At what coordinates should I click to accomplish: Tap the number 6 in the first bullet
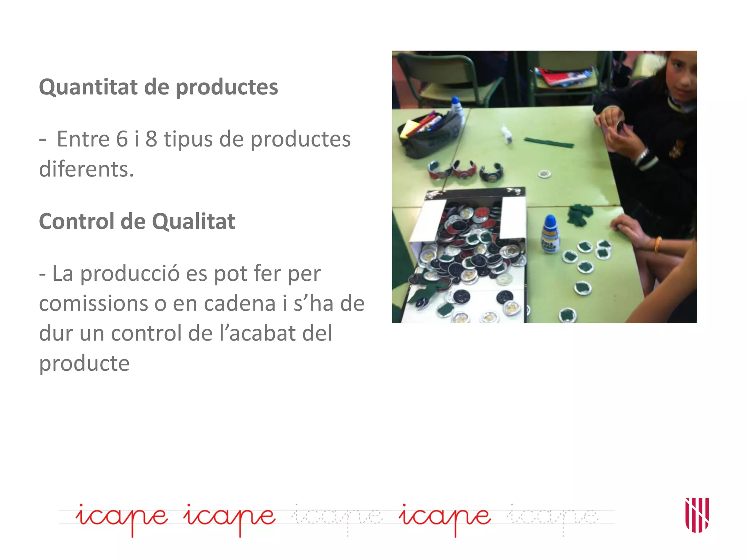pyautogui.click(x=123, y=139)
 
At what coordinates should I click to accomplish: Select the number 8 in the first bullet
pyautogui.click(x=151, y=139)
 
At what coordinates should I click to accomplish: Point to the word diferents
pyautogui.click(x=86, y=169)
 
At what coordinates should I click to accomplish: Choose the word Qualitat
pyautogui.click(x=193, y=221)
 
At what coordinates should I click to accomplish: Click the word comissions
pyautogui.click(x=93, y=303)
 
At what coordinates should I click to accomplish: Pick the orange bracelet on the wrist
pyautogui.click(x=658, y=244)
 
